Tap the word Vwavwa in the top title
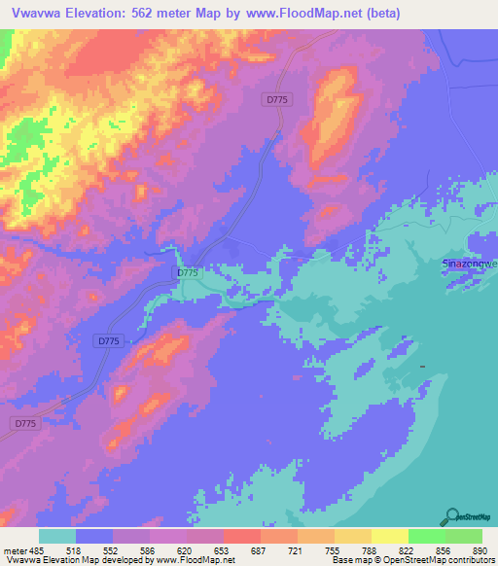[35, 13]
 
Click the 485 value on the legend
[39, 549]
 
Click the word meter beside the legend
[16, 549]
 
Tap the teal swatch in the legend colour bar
[57, 536]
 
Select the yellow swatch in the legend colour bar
[390, 536]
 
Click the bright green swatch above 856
[427, 536]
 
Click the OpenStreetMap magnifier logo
[449, 516]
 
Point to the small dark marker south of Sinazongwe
[423, 366]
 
